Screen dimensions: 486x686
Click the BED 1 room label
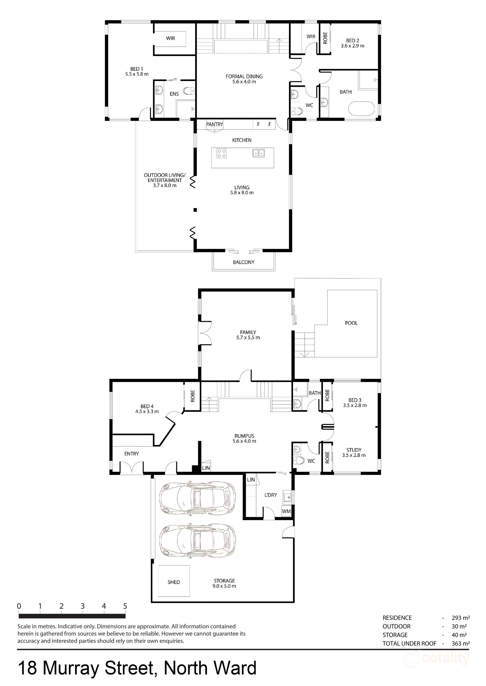coord(136,69)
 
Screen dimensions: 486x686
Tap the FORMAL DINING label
coord(244,76)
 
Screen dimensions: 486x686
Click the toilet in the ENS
coord(188,91)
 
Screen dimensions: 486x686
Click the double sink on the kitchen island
coord(258,153)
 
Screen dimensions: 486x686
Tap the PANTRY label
coord(214,124)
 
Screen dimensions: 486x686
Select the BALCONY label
coord(244,262)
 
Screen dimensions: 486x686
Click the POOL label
coord(351,323)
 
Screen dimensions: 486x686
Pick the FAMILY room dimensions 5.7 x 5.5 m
coord(248,337)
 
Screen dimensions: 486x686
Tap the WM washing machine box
coord(286,512)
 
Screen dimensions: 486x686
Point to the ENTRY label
coord(132,454)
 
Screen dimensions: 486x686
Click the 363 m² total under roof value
coord(461,643)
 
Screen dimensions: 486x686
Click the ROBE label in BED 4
coord(192,396)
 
